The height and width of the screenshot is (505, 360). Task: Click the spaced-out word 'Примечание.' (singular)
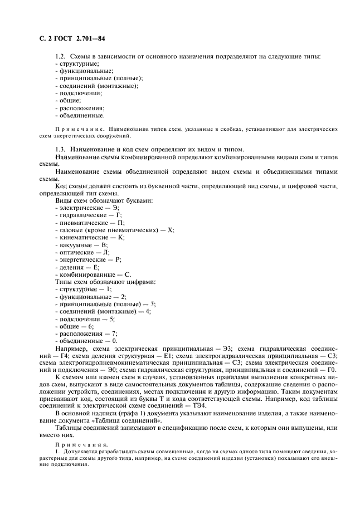coord(80,129)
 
